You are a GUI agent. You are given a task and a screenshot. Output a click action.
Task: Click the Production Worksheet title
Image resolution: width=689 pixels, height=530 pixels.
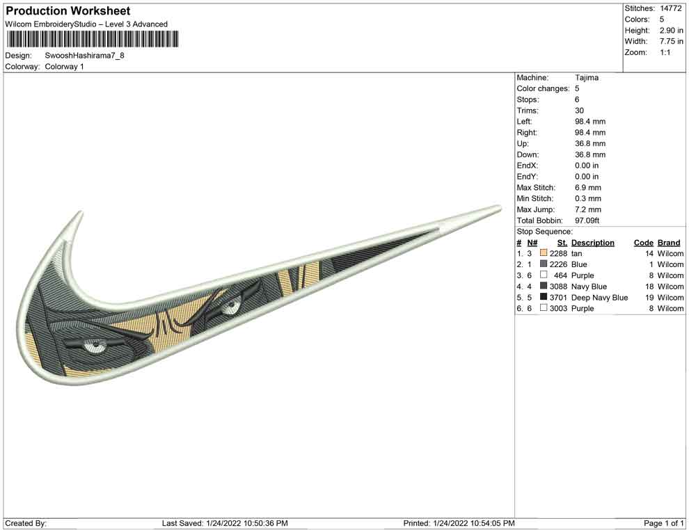pyautogui.click(x=68, y=11)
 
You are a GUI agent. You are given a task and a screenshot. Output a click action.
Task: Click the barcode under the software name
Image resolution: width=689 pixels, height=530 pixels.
pyautogui.click(x=92, y=39)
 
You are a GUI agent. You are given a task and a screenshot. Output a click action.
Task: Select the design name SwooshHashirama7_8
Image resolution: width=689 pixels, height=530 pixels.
pyautogui.click(x=84, y=56)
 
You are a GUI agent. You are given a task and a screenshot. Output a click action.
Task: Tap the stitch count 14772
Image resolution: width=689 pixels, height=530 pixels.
pyautogui.click(x=670, y=8)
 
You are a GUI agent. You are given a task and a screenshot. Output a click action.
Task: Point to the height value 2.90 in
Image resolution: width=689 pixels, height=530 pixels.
pyautogui.click(x=671, y=31)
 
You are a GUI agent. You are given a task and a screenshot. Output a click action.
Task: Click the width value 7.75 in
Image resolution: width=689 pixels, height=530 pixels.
pyautogui.click(x=671, y=41)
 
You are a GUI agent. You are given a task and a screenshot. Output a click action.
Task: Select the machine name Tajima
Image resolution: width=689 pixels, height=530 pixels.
pyautogui.click(x=587, y=78)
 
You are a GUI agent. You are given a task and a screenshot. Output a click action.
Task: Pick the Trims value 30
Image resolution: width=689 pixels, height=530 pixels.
pyautogui.click(x=579, y=111)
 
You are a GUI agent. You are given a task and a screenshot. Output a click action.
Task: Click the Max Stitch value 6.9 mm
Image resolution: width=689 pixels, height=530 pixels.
pyautogui.click(x=588, y=188)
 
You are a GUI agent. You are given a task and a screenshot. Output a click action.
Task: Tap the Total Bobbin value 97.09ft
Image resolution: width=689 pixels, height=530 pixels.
pyautogui.click(x=587, y=220)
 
